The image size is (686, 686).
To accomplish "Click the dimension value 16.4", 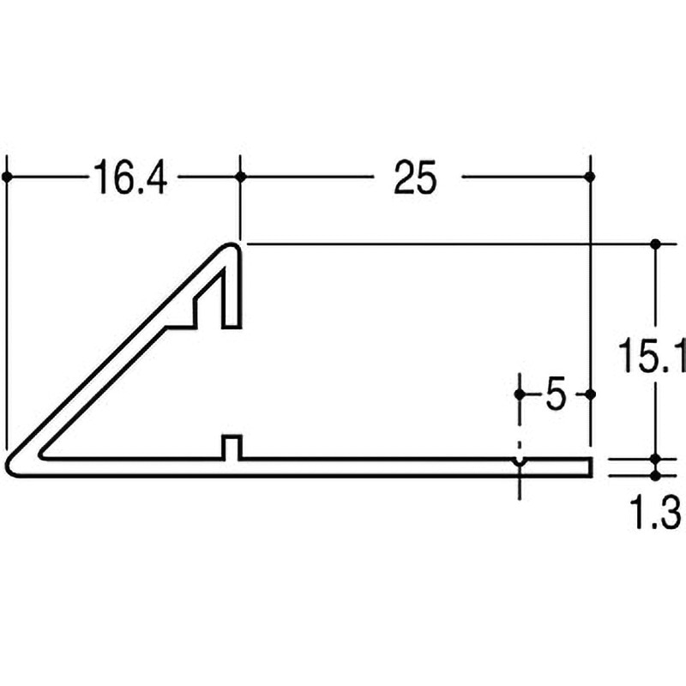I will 131,179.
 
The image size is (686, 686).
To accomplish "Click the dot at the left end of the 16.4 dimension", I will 7,177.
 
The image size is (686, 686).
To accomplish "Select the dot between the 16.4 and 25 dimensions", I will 240,177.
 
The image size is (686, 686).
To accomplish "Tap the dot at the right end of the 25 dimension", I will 590,177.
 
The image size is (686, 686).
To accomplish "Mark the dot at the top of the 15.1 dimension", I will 656,244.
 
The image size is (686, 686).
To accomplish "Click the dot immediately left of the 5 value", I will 520,394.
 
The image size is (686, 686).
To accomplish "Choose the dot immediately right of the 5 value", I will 590,394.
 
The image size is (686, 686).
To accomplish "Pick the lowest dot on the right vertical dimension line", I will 656,475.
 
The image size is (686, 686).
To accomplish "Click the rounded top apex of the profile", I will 230,249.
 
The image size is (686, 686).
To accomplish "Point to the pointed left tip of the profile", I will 10,464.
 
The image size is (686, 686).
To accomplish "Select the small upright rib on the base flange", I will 231,447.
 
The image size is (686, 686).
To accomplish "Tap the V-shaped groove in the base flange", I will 520,463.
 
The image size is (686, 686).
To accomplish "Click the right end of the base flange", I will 590,466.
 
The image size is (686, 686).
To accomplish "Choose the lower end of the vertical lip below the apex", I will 231,326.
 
